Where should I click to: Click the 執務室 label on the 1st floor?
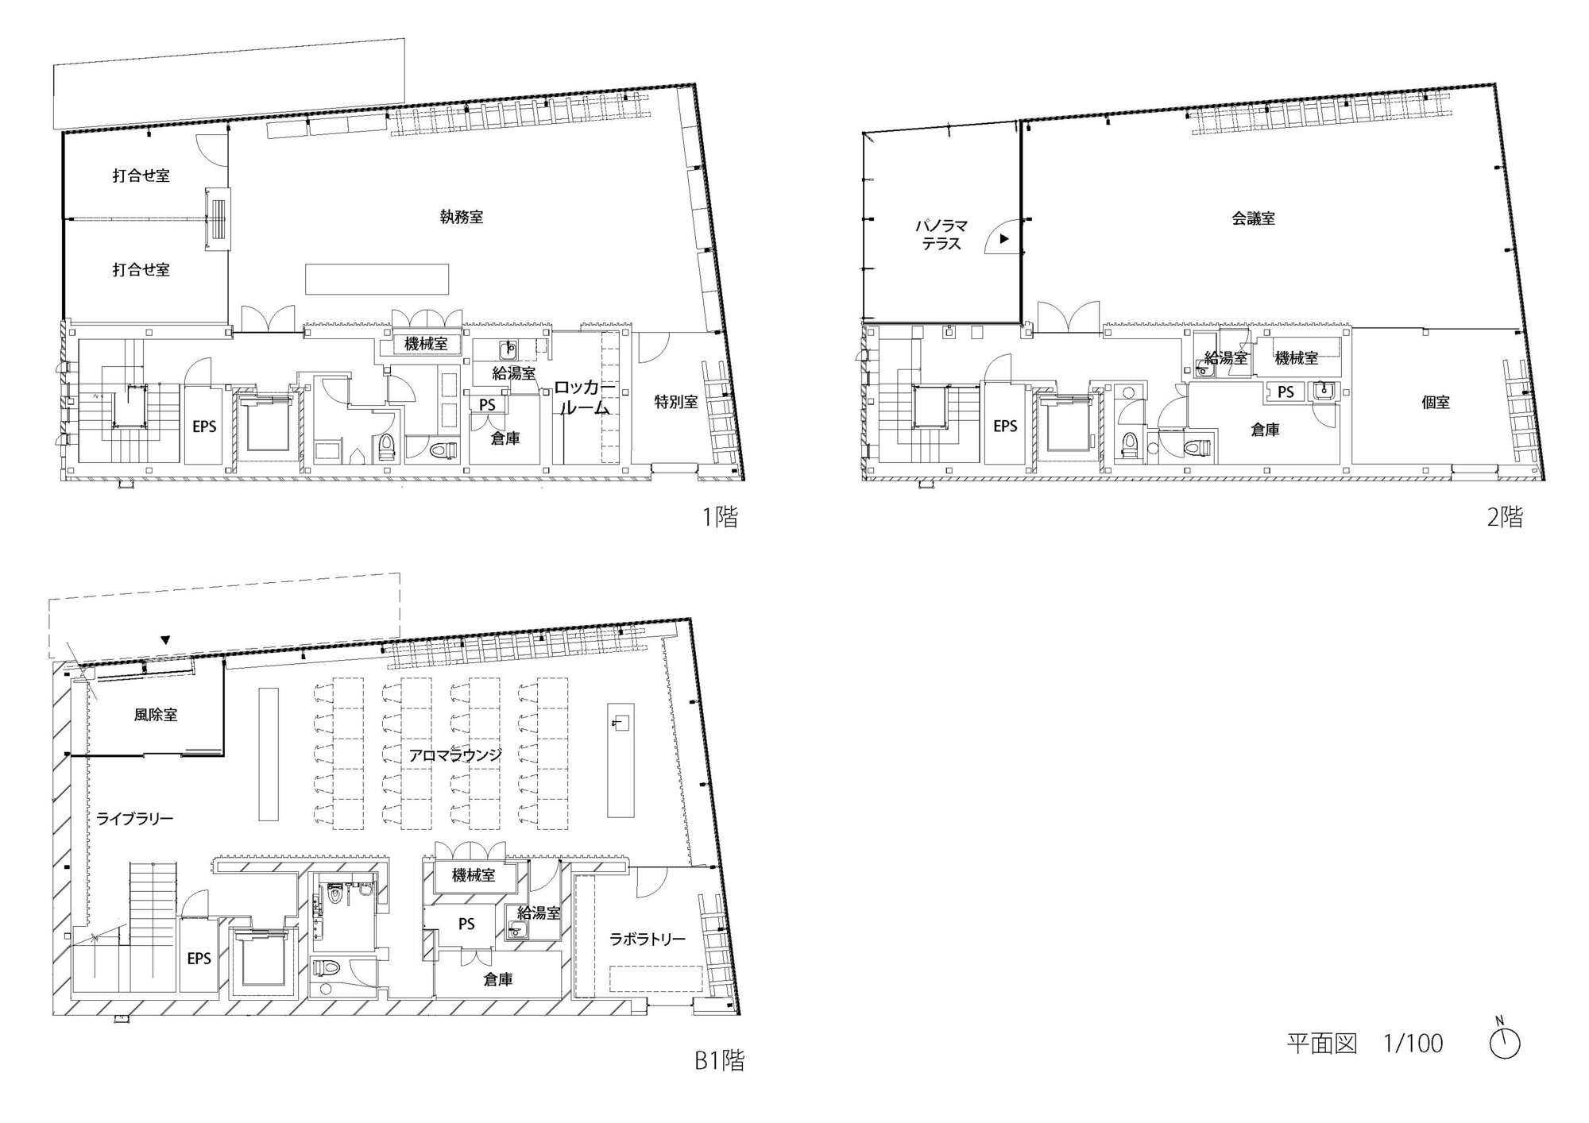click(462, 217)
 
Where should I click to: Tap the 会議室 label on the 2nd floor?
click(1254, 218)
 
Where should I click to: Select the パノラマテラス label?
click(941, 235)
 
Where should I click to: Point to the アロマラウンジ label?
click(455, 755)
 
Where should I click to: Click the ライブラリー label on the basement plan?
click(135, 818)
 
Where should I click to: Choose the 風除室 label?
click(156, 715)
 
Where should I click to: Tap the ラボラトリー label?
click(647, 940)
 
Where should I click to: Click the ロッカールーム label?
click(585, 398)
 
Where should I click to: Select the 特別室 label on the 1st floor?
click(676, 402)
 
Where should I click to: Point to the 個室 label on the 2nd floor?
click(1436, 403)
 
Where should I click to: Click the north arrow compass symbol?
click(1504, 1043)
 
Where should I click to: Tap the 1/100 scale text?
click(1413, 1044)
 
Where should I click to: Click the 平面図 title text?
click(1322, 1044)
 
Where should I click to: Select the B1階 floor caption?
click(719, 1061)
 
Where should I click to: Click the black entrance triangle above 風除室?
click(165, 639)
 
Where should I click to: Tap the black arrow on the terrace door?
click(1004, 238)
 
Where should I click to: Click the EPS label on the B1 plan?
click(199, 959)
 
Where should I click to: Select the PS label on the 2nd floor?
click(1286, 392)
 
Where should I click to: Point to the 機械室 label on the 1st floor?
click(426, 344)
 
